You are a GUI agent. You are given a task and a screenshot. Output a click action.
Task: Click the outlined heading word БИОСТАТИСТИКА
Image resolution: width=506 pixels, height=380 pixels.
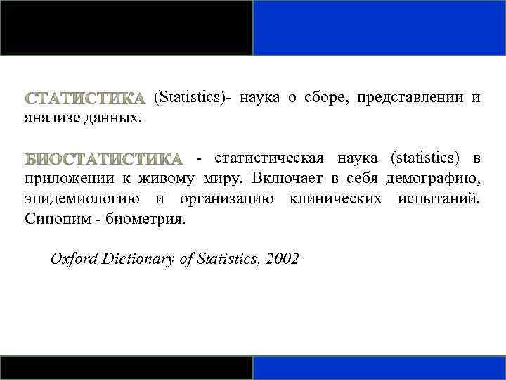103,158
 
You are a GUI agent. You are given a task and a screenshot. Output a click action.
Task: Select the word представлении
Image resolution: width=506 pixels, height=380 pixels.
410,98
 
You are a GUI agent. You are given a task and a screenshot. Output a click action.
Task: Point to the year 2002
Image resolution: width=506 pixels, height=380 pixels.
283,259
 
